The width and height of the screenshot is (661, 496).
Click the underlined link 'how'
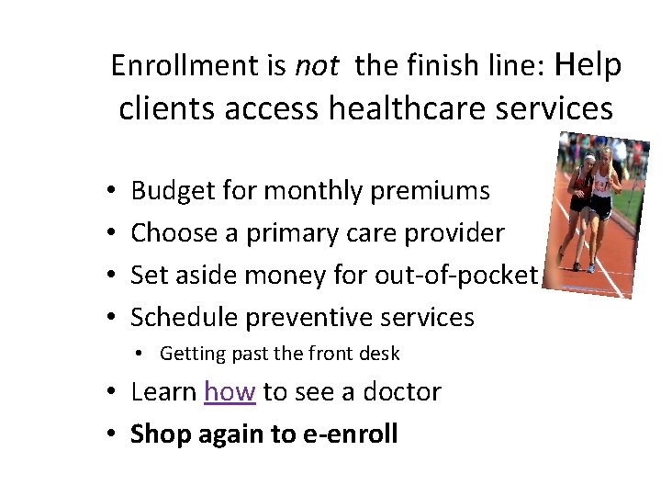pos(230,392)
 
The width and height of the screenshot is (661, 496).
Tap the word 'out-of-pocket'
pos(455,275)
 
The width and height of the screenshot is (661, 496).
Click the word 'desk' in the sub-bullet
pos(379,354)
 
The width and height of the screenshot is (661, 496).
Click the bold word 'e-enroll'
pos(350,434)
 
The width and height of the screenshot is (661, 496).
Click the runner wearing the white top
pos(600,197)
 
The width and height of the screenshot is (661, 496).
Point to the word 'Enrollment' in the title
pos(198,65)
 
